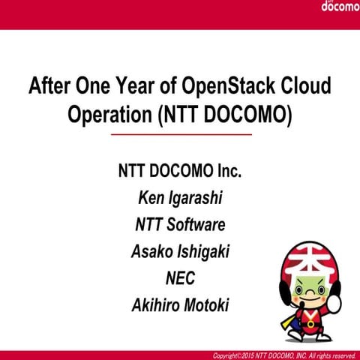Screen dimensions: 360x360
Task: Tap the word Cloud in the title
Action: click(304, 86)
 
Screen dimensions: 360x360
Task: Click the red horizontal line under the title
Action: click(181, 134)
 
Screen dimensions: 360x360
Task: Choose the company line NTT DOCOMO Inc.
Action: click(180, 170)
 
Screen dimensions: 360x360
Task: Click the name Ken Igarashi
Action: click(180, 197)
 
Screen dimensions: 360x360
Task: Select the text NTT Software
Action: click(180, 224)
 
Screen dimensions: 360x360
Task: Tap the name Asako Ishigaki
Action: click(180, 251)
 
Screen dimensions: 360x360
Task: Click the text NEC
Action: click(180, 278)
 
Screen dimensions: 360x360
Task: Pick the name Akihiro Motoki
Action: click(180, 305)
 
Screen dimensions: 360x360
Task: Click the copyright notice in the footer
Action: click(284, 355)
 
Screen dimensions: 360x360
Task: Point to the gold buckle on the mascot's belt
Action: click(309, 325)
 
